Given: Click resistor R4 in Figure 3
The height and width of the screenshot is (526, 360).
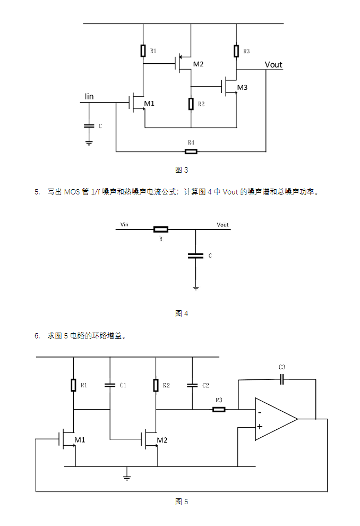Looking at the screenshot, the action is tap(191, 151).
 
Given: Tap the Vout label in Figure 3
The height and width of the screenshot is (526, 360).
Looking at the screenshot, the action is tap(273, 65).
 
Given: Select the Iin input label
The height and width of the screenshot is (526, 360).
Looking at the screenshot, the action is tap(89, 97).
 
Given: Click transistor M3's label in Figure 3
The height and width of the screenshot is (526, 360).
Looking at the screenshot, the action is tap(242, 88).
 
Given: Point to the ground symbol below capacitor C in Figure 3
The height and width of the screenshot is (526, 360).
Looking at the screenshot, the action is tap(89, 143).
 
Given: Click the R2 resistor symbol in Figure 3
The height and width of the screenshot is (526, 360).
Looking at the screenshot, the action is tap(191, 104).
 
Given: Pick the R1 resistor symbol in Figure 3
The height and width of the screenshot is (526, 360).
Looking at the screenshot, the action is tap(143, 50).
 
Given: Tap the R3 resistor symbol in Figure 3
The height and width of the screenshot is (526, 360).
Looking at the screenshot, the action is tap(236, 51).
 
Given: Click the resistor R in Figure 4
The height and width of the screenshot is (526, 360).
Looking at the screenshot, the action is tap(161, 230).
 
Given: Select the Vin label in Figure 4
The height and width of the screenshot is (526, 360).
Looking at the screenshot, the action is tap(124, 224).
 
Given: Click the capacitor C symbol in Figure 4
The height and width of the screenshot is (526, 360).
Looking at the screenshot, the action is tap(196, 256).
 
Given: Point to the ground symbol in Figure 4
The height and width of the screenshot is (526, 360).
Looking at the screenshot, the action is tap(196, 288).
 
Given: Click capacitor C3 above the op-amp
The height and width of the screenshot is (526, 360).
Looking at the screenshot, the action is tap(282, 380).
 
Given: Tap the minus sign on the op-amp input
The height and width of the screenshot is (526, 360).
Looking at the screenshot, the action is tap(260, 412).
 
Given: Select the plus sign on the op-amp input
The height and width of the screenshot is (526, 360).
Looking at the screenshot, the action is tap(260, 427).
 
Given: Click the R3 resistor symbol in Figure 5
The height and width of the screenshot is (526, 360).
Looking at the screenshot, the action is tap(219, 410).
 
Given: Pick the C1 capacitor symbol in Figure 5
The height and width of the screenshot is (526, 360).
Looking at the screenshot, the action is tap(110, 385).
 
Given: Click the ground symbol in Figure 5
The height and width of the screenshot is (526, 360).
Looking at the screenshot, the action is tap(127, 478).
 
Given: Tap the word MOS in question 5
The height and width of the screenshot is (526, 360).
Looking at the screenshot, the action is tap(72, 192).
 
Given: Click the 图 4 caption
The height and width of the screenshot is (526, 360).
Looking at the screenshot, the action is tap(182, 313).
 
